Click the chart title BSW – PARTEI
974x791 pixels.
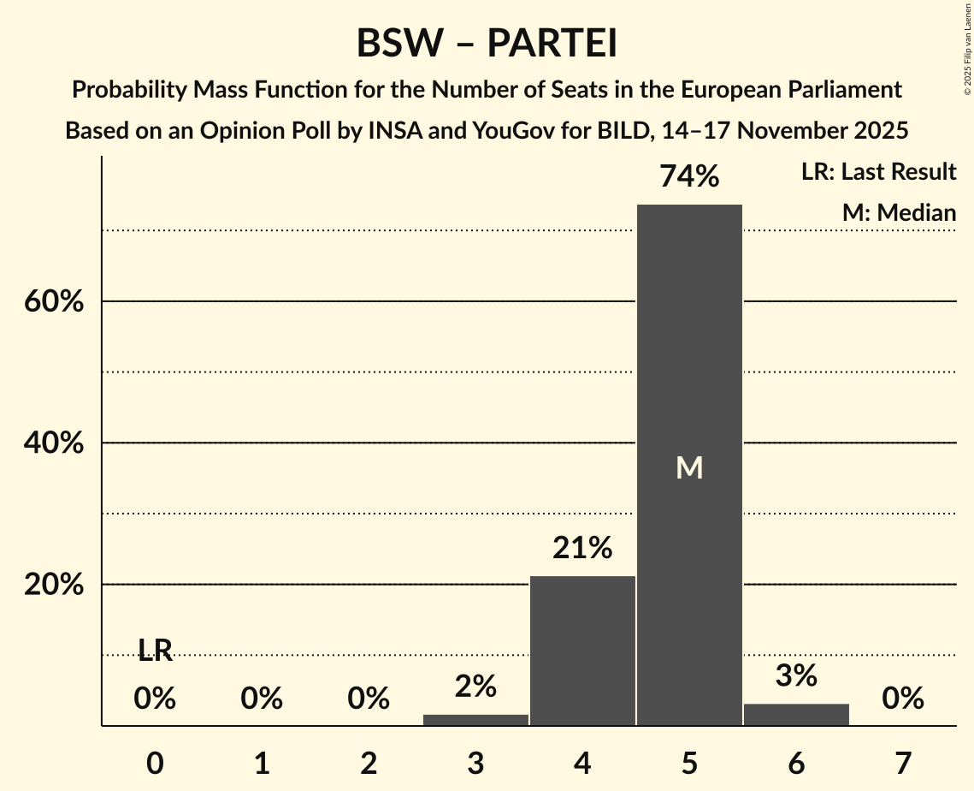pos(487,43)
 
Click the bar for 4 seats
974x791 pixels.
pos(582,651)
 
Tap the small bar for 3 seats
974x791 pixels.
pos(475,720)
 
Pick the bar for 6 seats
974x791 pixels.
pos(796,715)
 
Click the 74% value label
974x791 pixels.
pos(689,176)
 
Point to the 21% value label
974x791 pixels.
pos(582,548)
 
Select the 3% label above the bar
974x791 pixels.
pos(796,675)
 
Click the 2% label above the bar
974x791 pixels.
pos(475,686)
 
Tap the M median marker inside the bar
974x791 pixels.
pos(689,467)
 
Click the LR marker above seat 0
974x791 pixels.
pos(155,651)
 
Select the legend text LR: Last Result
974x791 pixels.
pos(878,172)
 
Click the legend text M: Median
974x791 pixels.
pos(899,213)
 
